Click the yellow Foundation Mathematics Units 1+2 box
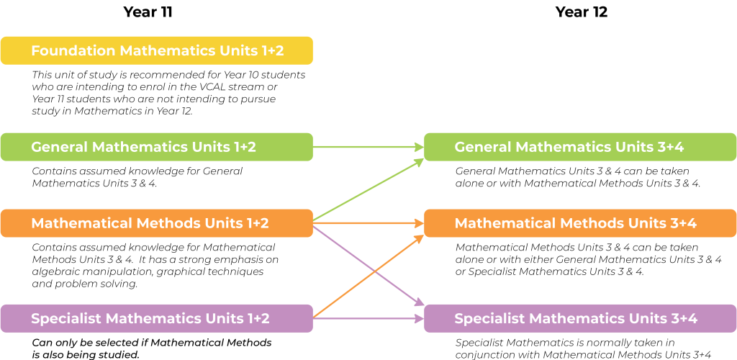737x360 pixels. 156,50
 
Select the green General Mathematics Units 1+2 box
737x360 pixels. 156,147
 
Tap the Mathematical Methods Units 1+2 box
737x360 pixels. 156,223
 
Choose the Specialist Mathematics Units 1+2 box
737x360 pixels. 156,318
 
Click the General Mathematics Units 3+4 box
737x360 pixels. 580,147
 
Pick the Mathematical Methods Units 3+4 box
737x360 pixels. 580,223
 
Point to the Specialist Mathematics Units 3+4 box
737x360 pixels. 580,318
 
